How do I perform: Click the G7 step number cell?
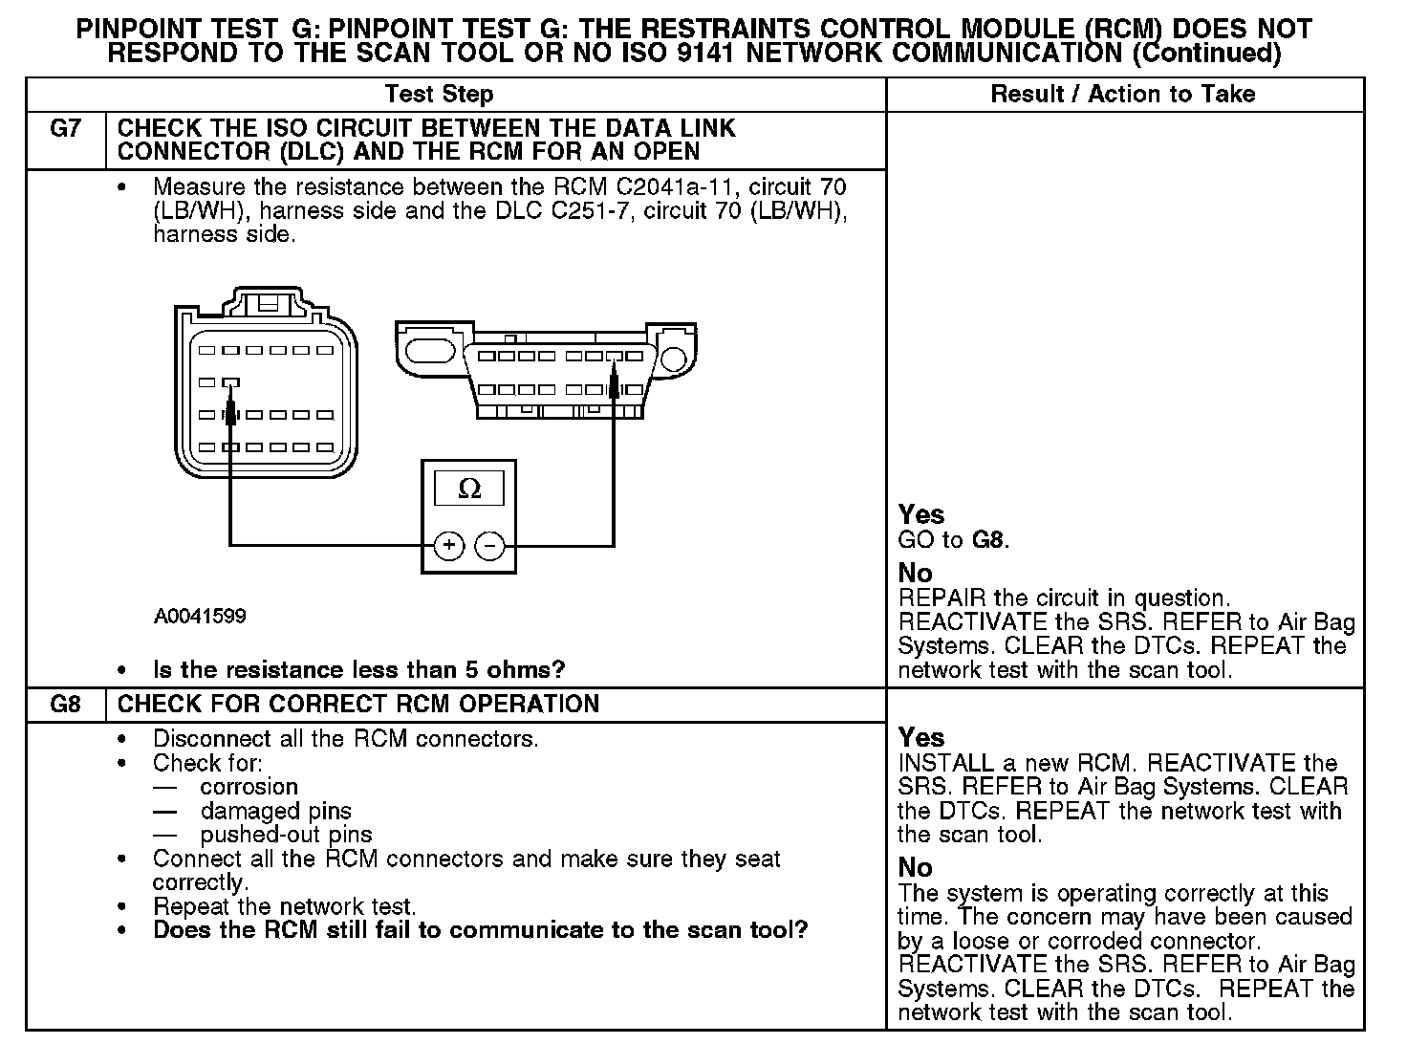[x=65, y=129]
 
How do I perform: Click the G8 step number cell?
[x=65, y=705]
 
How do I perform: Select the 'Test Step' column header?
[x=439, y=94]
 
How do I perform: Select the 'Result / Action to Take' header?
[x=1122, y=94]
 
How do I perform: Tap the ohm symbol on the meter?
[x=468, y=489]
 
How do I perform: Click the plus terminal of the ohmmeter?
[x=448, y=546]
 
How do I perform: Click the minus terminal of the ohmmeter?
[x=489, y=546]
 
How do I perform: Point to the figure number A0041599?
[x=200, y=617]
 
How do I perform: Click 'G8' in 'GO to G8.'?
[x=988, y=540]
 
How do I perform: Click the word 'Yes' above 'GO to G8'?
[x=920, y=515]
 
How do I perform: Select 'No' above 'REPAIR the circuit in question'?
[x=915, y=574]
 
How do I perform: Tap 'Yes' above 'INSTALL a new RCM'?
[x=920, y=738]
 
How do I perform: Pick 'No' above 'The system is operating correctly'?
[x=915, y=868]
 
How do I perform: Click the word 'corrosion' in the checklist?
[x=249, y=787]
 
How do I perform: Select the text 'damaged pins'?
[x=275, y=812]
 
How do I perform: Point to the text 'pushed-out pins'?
[x=286, y=836]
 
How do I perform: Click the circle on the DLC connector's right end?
[x=675, y=359]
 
